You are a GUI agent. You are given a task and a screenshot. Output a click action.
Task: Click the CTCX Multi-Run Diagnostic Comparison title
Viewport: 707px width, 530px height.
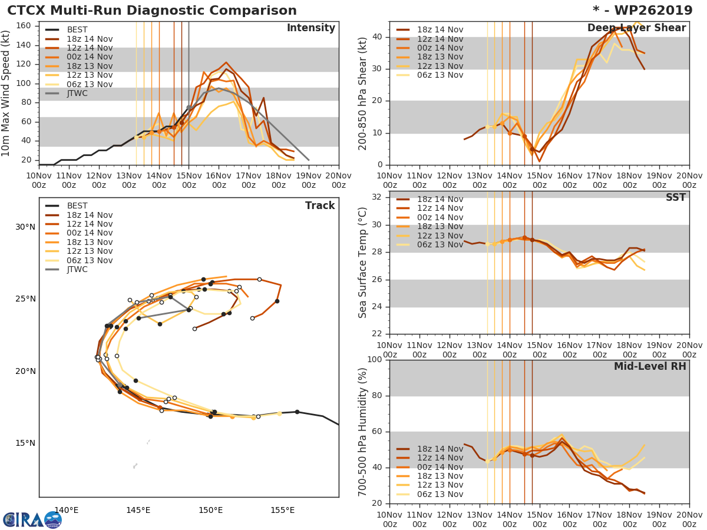coord(152,11)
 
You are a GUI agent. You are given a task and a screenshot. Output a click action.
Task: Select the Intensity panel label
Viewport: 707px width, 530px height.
coord(310,28)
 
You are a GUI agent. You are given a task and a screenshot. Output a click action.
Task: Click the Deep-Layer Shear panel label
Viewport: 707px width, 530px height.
coord(636,28)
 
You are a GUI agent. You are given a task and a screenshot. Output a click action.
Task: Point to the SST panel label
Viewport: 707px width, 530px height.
coord(675,198)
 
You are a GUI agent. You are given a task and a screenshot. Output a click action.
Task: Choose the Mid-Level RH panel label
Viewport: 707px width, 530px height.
coord(650,366)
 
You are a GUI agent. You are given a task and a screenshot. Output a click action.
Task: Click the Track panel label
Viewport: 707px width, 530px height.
coord(320,206)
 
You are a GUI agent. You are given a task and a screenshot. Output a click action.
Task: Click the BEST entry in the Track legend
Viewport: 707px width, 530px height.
coord(77,206)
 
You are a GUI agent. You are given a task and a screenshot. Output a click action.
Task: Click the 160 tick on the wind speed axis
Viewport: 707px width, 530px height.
coord(24,26)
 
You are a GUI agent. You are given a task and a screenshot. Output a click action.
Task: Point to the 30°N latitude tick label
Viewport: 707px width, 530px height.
coord(25,227)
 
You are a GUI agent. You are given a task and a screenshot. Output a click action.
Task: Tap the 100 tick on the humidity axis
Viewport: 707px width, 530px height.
coord(375,360)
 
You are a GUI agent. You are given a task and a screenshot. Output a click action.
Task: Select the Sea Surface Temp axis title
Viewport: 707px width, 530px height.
coord(363,262)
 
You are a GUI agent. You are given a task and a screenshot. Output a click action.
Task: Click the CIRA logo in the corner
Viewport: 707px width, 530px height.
coord(32,519)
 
